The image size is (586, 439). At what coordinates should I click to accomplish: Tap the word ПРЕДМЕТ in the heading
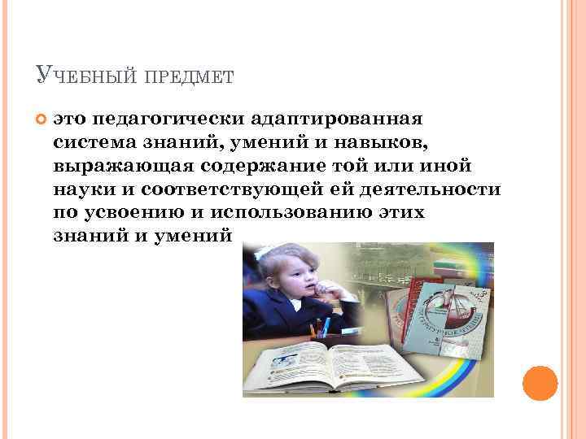[190, 77]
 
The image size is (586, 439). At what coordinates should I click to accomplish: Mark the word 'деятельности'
[431, 190]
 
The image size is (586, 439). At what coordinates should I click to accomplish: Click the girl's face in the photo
[286, 281]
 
